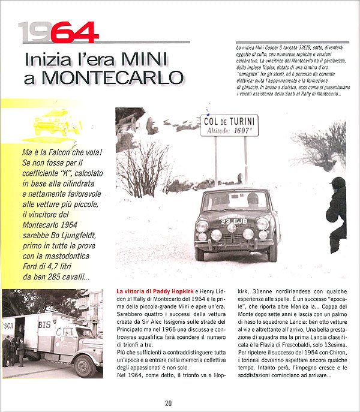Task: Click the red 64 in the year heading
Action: (74, 33)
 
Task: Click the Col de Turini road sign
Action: (229, 125)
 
